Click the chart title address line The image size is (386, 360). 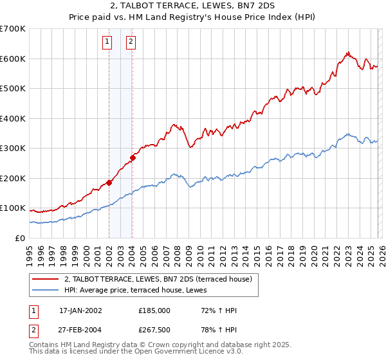point(193,7)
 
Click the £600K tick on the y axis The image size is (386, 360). point(13,59)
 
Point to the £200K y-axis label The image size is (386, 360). point(13,178)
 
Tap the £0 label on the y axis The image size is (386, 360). point(19,238)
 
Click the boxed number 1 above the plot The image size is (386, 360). point(108,42)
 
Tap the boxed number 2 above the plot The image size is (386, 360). point(131,42)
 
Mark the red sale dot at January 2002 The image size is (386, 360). point(109,183)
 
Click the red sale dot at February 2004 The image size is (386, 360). point(133,157)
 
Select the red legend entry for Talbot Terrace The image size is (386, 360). point(161,279)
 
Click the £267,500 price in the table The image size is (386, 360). point(154,330)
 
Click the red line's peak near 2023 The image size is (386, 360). point(347,53)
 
